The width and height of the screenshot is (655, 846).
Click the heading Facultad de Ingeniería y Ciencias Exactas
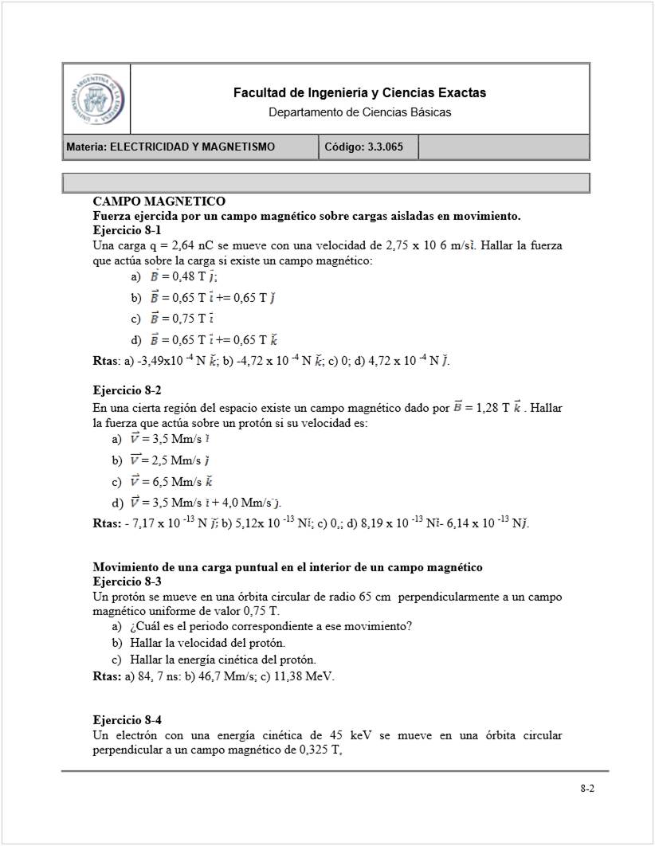[x=359, y=93]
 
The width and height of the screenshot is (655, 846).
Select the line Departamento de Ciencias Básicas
[x=359, y=112]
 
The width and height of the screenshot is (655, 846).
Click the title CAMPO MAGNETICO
[x=159, y=202]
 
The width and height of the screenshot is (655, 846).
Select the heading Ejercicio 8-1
[x=127, y=230]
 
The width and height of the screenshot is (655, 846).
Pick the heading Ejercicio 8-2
[x=127, y=390]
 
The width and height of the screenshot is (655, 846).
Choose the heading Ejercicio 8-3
[x=127, y=582]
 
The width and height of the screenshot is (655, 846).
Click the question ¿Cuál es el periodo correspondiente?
[x=271, y=627]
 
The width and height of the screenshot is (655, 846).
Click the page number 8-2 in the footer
[x=588, y=789]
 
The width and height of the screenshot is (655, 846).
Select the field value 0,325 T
[x=318, y=750]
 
